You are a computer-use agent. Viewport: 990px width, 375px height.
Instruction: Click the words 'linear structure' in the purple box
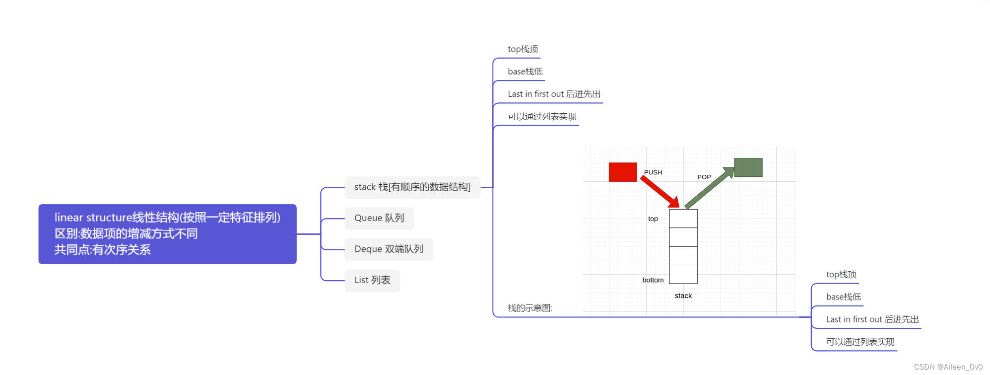93,218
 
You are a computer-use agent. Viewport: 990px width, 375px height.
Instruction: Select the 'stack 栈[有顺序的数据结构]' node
412,187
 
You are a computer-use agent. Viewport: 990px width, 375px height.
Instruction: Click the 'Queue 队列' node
379,218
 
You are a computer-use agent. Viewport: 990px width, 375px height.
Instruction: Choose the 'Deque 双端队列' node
389,249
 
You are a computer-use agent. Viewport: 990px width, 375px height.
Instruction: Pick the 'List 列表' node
372,280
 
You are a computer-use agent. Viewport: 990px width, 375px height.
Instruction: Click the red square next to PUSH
623,172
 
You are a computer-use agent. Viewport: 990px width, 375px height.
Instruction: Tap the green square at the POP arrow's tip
748,167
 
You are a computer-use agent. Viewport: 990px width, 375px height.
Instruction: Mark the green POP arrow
710,188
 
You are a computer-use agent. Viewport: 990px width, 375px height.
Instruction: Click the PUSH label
653,172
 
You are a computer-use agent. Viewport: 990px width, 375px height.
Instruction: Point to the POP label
704,177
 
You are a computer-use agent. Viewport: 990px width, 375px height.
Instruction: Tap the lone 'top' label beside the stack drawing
653,219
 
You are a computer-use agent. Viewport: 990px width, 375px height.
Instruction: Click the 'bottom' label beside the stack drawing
653,280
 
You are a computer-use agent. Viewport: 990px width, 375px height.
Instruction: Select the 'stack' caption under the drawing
683,296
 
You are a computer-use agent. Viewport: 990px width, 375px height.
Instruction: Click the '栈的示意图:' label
529,308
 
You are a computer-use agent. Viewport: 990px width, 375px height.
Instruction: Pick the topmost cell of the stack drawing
683,219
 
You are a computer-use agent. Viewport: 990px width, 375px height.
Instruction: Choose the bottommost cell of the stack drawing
683,274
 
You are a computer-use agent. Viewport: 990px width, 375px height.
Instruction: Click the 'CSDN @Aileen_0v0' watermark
948,367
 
